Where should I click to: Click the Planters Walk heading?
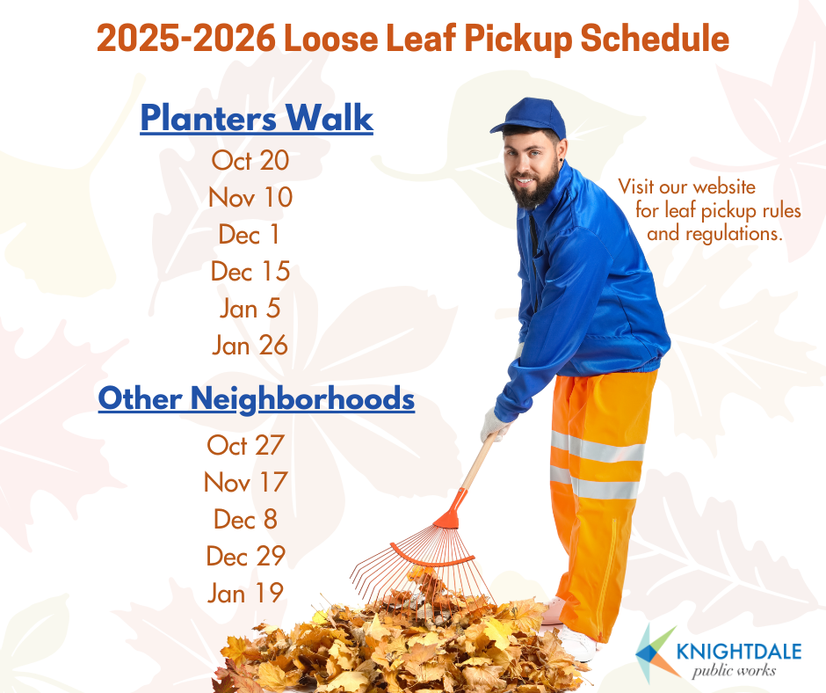[x=257, y=119]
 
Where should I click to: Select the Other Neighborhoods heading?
[x=256, y=398]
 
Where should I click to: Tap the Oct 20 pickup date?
[x=250, y=161]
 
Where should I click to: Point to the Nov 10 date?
[x=250, y=198]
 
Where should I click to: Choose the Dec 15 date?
[x=250, y=272]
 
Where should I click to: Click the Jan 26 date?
[x=250, y=346]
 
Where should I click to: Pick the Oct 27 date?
[x=246, y=445]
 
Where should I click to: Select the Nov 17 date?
[x=246, y=482]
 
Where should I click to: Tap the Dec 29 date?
[x=246, y=556]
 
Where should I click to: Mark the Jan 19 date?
[x=246, y=593]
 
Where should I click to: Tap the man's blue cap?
[x=530, y=117]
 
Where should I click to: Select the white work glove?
[x=495, y=426]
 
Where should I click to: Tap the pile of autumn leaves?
[x=395, y=646]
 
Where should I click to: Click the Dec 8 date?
[x=246, y=519]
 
